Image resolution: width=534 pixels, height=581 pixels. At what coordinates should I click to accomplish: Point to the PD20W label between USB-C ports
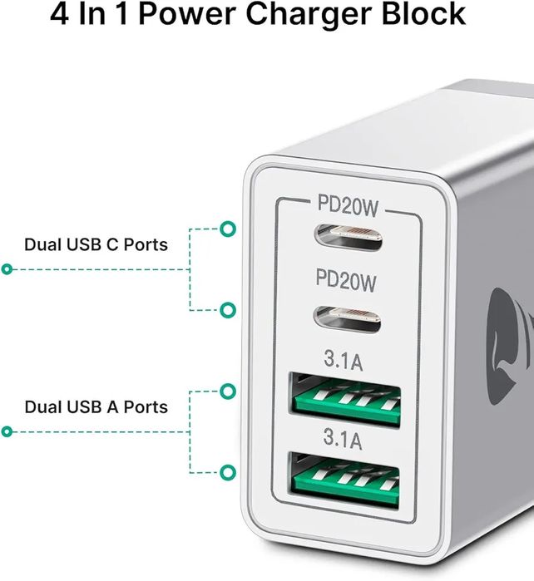click(x=346, y=282)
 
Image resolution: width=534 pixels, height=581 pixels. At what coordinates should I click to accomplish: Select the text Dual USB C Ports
click(x=96, y=244)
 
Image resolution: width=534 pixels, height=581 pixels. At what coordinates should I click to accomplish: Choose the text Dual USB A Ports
click(x=96, y=407)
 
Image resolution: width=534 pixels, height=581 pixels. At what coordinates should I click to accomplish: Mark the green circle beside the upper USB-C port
click(x=227, y=229)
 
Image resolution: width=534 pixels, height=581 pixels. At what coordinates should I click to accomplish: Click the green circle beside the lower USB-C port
click(x=227, y=310)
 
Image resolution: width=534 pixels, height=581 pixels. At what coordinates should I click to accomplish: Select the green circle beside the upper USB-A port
click(x=227, y=391)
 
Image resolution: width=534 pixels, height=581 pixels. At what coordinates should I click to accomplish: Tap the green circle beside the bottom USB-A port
click(x=227, y=472)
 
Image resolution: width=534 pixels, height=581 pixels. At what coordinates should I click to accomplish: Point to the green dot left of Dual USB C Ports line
click(x=7, y=269)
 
